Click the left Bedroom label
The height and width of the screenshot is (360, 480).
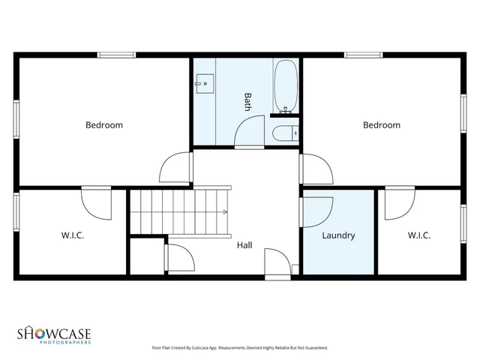(x=103, y=125)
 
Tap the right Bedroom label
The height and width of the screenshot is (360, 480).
(x=382, y=125)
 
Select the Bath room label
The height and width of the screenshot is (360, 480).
(x=247, y=102)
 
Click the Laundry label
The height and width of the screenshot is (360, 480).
(x=338, y=235)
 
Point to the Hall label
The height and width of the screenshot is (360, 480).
(x=244, y=245)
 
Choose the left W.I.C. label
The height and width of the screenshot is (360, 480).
(x=73, y=235)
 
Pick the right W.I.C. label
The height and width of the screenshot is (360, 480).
(x=419, y=235)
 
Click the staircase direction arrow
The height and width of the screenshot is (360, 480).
(x=223, y=211)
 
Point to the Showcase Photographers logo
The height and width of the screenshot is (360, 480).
(x=54, y=334)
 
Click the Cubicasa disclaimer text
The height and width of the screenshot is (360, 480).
(x=239, y=348)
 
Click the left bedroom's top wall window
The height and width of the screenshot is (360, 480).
(x=116, y=54)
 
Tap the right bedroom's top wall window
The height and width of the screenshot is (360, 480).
(x=363, y=54)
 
